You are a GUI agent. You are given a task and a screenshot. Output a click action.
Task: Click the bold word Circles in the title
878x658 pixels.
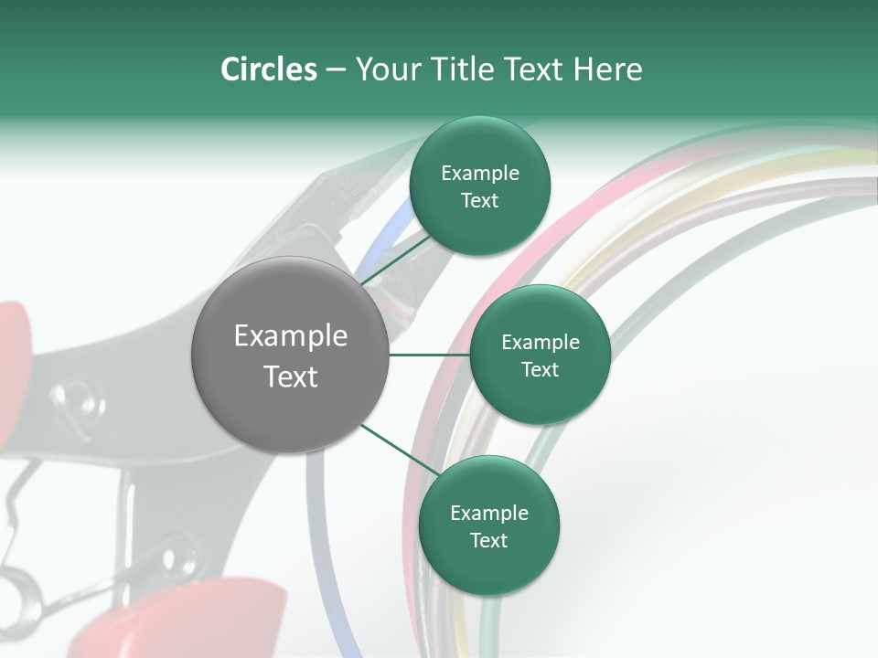pos(268,69)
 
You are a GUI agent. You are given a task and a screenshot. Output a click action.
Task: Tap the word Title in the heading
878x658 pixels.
pos(460,69)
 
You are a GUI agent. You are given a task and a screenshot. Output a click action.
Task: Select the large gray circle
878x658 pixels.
pos(291,356)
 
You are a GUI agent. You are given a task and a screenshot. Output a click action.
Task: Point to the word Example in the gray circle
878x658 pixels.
pos(291,336)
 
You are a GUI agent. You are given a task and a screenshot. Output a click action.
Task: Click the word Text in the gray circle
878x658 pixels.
pos(291,377)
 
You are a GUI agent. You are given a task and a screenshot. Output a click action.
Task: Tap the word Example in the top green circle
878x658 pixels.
pos(480,174)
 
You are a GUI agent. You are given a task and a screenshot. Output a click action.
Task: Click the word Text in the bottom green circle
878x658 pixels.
pos(488,540)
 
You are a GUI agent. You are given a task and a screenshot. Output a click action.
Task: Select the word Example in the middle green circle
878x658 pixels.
pos(541,343)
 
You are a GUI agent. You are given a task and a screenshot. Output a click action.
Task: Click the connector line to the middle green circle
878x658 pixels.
pos(429,356)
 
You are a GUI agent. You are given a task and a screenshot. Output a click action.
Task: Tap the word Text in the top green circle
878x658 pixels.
pos(479,201)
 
